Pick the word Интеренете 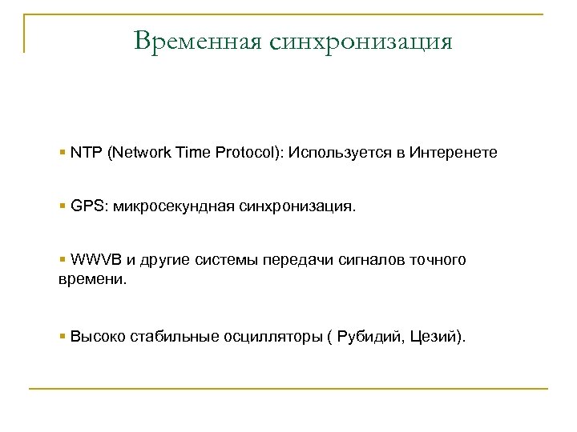click(453, 152)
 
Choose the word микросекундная click(175, 207)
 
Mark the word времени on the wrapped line click(89, 282)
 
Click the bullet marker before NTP click(63, 152)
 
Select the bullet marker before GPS click(63, 206)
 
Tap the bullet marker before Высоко click(63, 335)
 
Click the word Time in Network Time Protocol click(189, 152)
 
